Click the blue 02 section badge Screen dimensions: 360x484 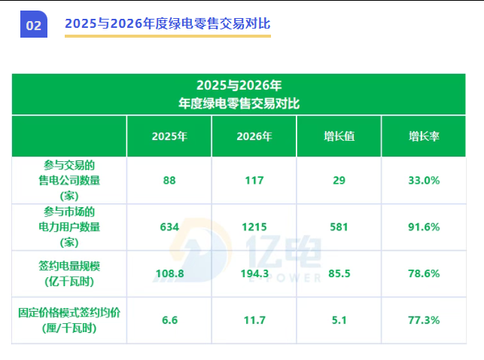(34, 25)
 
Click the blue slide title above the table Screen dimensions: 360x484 (167, 23)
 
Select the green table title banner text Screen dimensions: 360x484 (239, 94)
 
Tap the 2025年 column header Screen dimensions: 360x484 (169, 136)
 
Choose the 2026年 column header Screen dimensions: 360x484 (254, 136)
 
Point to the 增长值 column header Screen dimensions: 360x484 (339, 136)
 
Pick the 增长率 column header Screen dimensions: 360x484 (424, 136)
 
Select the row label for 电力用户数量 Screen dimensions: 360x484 (69, 227)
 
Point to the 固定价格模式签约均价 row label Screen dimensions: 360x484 (69, 320)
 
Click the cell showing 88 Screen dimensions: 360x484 (169, 180)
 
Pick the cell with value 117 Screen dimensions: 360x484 (254, 180)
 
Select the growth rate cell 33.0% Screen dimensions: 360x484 (424, 180)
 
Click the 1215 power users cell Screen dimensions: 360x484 (254, 227)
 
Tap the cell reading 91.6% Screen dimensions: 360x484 (424, 227)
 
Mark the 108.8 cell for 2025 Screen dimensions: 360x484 (169, 273)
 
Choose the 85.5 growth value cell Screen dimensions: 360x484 (339, 273)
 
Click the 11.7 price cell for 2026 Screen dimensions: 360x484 (254, 320)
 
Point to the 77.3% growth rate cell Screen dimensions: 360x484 (424, 320)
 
